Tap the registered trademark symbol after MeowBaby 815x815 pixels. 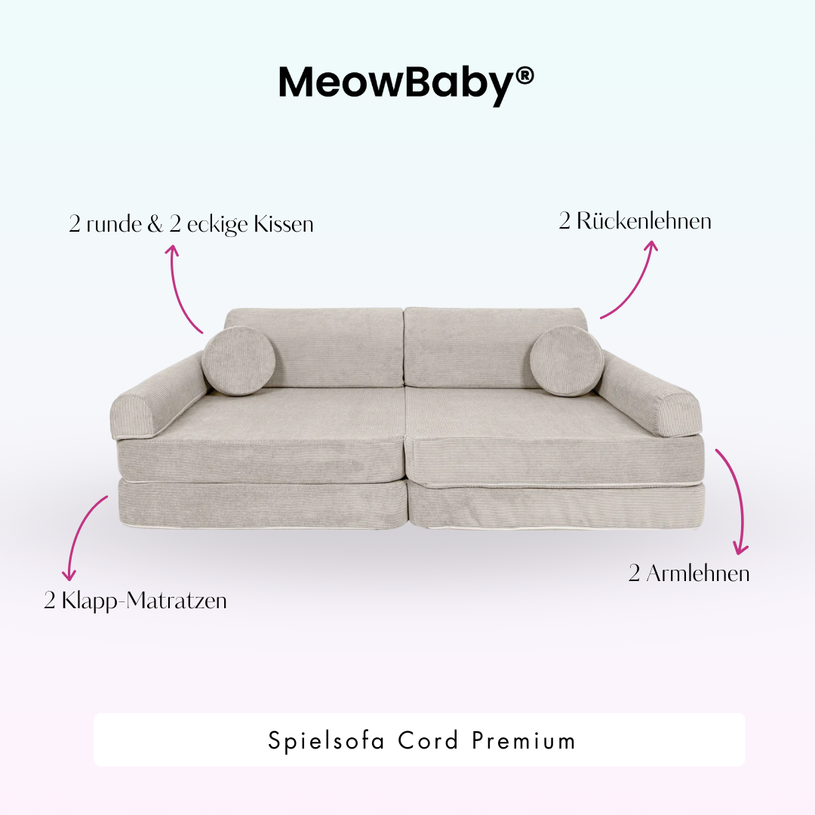(x=524, y=75)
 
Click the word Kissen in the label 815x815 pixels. (x=283, y=224)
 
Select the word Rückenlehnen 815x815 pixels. (x=644, y=221)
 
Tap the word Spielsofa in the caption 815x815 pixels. (x=314, y=740)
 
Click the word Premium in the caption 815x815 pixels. (x=524, y=740)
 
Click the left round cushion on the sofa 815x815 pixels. (x=235, y=361)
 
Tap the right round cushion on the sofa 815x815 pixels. (x=566, y=361)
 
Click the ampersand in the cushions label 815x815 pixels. (x=155, y=224)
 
